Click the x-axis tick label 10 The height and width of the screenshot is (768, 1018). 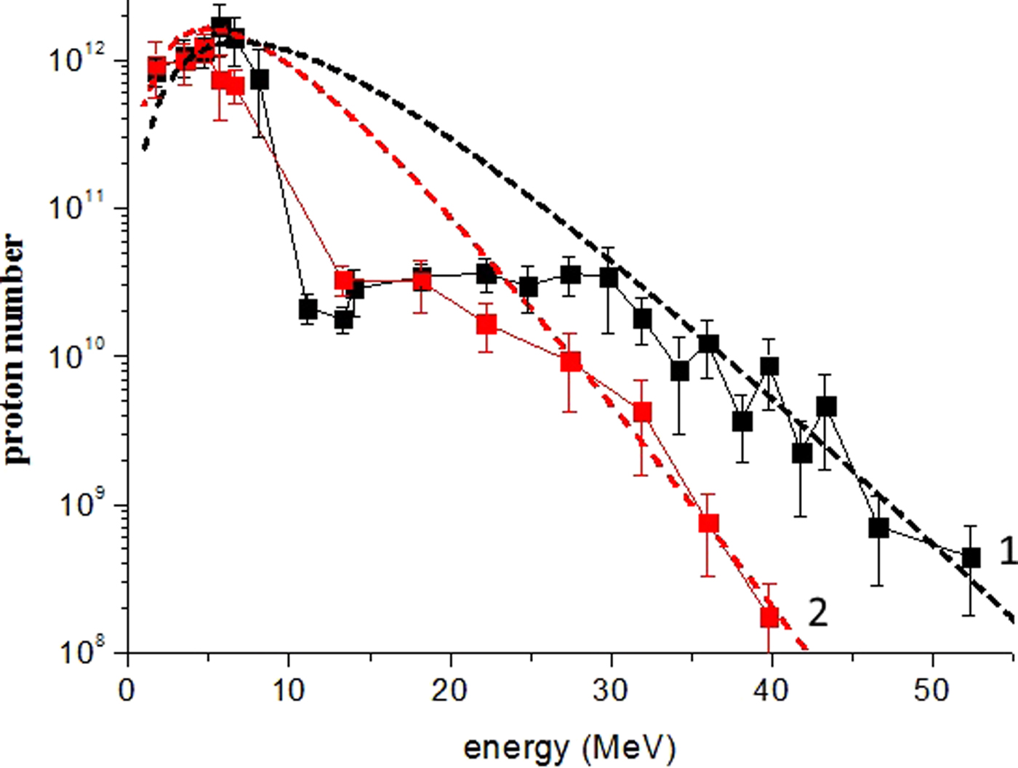coord(288,689)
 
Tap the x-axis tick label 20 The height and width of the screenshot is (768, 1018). coord(449,689)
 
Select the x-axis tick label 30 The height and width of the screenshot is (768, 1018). coord(610,689)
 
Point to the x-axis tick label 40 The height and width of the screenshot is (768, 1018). coord(771,689)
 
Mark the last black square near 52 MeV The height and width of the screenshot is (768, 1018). coord(971,558)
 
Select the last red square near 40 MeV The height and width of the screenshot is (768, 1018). coord(769,617)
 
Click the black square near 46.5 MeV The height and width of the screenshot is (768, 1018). coord(878,528)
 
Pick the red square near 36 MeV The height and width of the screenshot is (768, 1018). coord(708,523)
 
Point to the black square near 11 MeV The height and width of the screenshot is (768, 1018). coord(308,310)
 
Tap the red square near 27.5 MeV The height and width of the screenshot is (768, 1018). coord(571,361)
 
